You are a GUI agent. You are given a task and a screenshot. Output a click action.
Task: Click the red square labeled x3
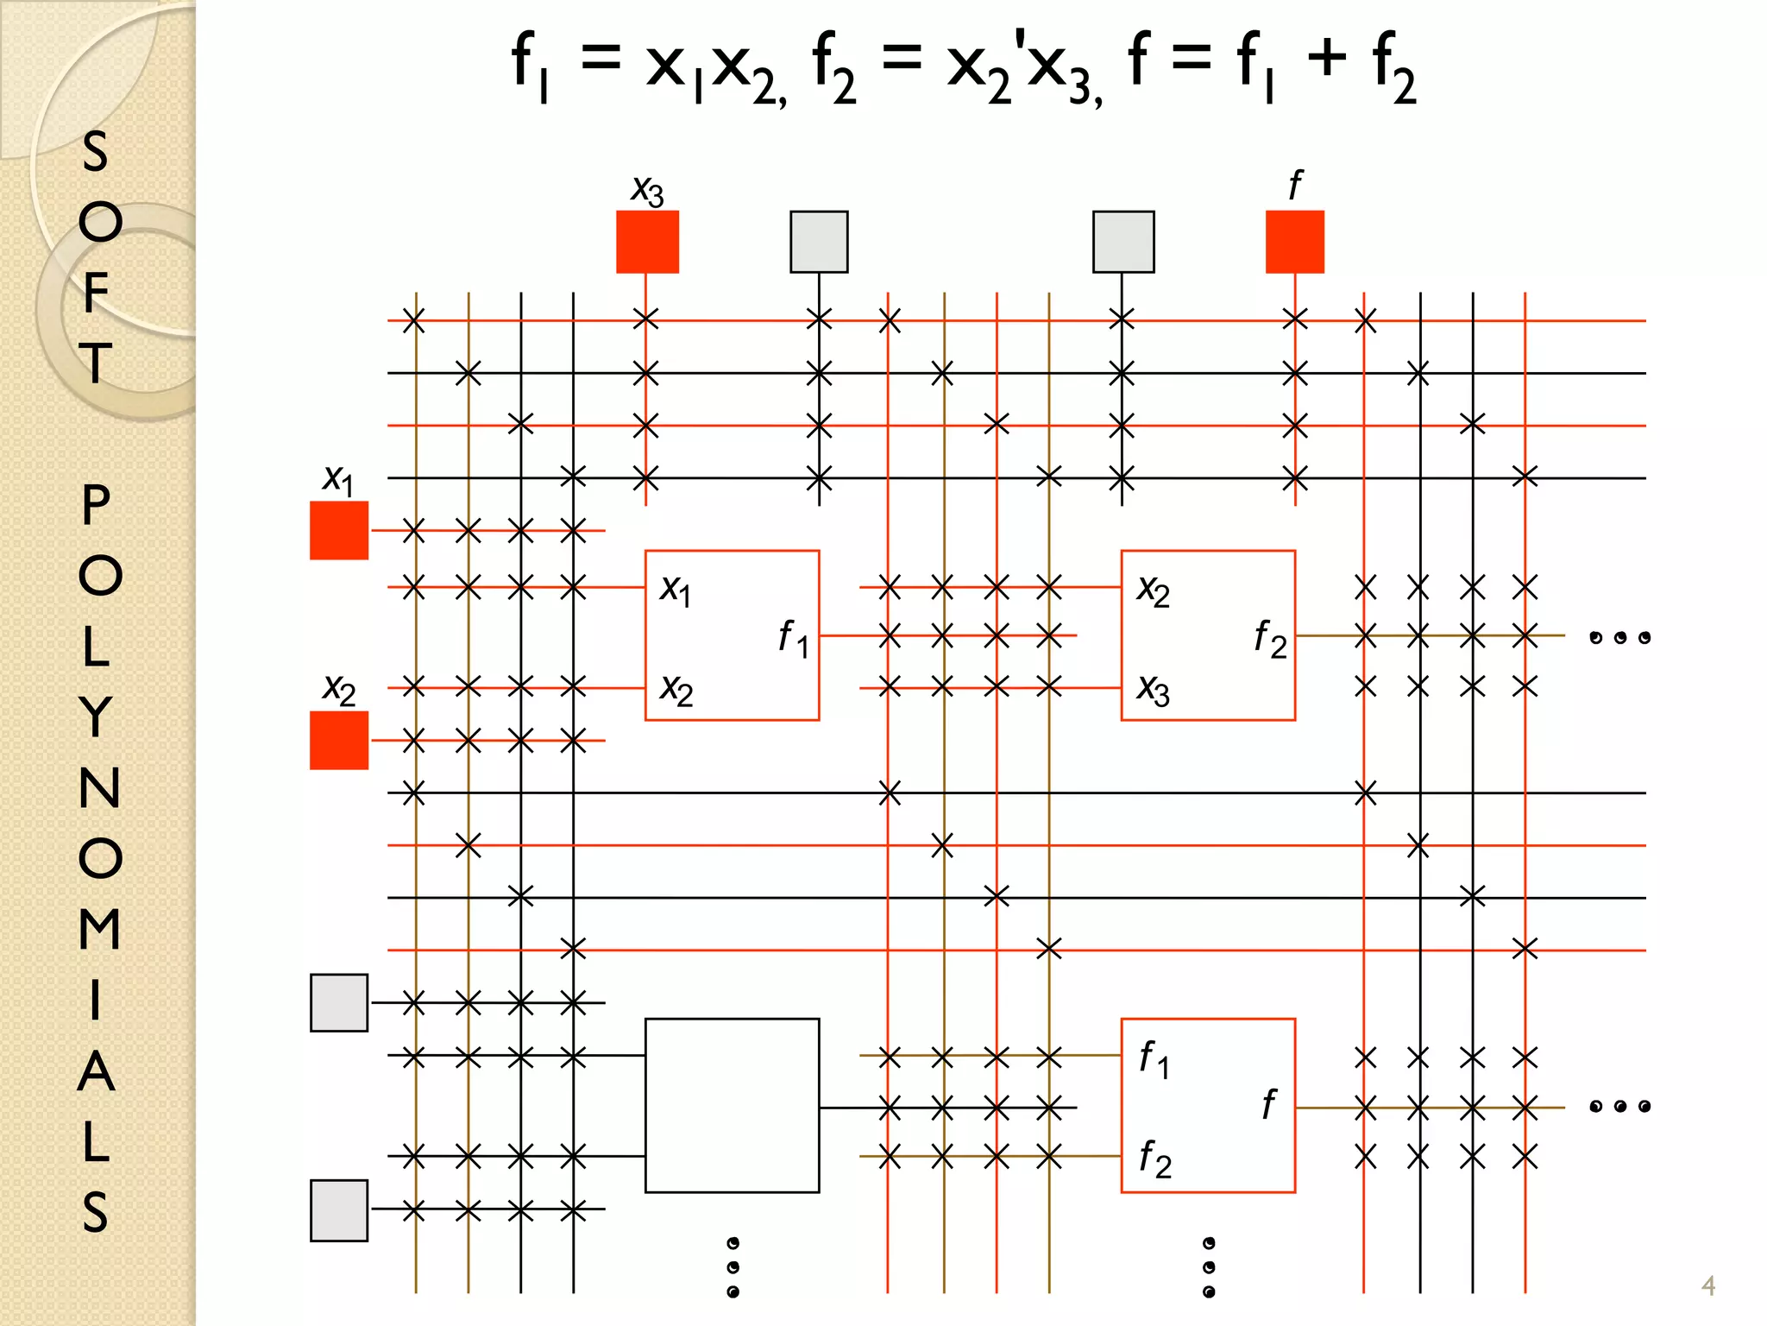647,242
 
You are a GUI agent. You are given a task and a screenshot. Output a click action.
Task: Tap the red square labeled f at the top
1294,242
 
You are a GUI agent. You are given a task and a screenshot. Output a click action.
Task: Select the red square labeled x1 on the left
339,530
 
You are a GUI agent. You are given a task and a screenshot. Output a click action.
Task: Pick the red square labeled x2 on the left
339,740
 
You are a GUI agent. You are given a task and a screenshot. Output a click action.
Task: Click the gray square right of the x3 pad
819,242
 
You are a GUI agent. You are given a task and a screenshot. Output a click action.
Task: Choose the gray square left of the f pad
1122,242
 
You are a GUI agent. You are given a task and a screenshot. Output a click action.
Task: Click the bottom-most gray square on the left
339,1210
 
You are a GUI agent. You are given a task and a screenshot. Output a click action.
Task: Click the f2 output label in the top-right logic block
1269,639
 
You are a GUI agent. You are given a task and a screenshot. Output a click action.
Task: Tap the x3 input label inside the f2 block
1154,690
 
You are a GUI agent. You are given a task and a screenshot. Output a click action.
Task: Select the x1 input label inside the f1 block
676,590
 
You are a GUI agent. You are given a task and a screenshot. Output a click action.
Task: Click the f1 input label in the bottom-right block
1154,1058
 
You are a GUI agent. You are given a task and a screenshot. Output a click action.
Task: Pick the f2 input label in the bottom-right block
1154,1158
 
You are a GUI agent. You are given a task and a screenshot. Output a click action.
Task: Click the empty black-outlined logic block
732,1105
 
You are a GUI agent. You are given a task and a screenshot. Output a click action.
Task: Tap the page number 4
1707,1285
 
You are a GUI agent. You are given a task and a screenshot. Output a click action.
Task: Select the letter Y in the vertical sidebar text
97,717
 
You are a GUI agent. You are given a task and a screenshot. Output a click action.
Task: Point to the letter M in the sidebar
99,929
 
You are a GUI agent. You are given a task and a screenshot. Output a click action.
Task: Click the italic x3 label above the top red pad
647,190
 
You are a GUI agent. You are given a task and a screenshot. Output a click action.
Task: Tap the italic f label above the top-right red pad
1294,185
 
